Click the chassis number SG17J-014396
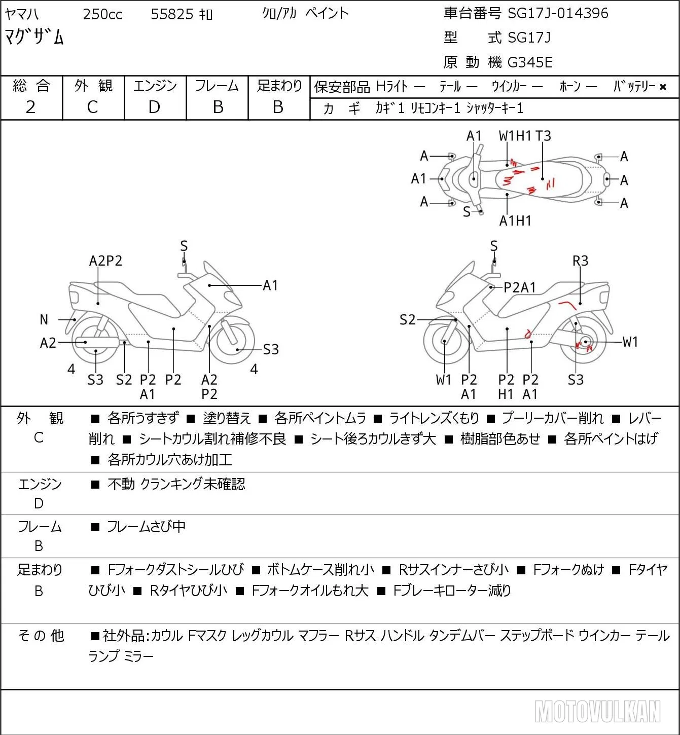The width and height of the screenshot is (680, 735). point(558,13)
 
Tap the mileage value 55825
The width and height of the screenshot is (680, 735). point(172,14)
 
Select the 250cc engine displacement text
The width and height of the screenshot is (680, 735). point(102,14)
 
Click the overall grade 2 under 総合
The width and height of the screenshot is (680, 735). point(30,107)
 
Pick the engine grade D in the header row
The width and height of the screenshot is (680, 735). point(154,107)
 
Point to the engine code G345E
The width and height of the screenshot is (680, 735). point(530,62)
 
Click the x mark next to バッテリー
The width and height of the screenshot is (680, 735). point(663,87)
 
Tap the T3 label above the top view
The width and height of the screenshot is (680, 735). point(543,136)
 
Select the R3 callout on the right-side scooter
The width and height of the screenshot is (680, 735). point(580,261)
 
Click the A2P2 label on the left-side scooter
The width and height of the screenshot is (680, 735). point(105,261)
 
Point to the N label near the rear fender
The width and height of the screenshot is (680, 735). point(44,320)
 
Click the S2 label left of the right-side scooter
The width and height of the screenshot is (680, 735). point(407,319)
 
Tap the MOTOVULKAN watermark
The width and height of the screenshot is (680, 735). point(597,711)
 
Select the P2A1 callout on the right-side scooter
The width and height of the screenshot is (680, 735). point(520,287)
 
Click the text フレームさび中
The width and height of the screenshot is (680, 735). point(146,526)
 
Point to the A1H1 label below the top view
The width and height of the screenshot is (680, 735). point(515,221)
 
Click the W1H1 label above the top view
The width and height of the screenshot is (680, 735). point(515,136)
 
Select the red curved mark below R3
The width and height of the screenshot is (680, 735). point(567,305)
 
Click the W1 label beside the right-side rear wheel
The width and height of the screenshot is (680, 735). point(630,342)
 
